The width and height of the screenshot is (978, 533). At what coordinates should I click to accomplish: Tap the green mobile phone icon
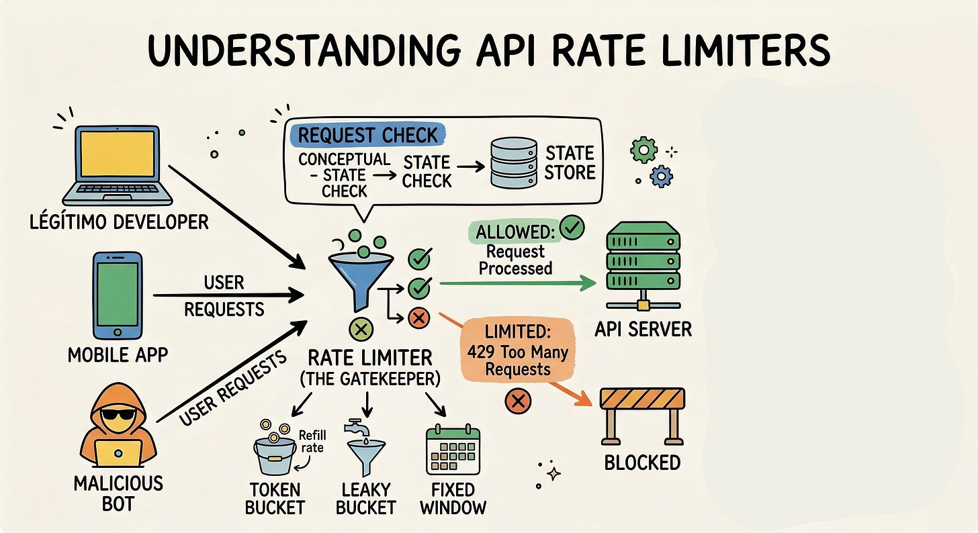[118, 294]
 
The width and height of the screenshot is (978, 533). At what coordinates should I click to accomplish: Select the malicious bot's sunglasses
[118, 418]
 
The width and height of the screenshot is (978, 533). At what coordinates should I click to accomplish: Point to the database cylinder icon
[514, 162]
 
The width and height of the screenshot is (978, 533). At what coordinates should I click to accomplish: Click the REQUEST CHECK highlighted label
[368, 135]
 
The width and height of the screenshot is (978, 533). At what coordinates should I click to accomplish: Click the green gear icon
[643, 150]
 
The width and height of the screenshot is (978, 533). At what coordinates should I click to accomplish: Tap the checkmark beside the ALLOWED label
[572, 228]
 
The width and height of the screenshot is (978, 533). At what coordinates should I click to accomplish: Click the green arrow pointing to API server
[517, 284]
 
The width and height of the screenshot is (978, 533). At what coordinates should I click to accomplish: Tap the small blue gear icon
[662, 177]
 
